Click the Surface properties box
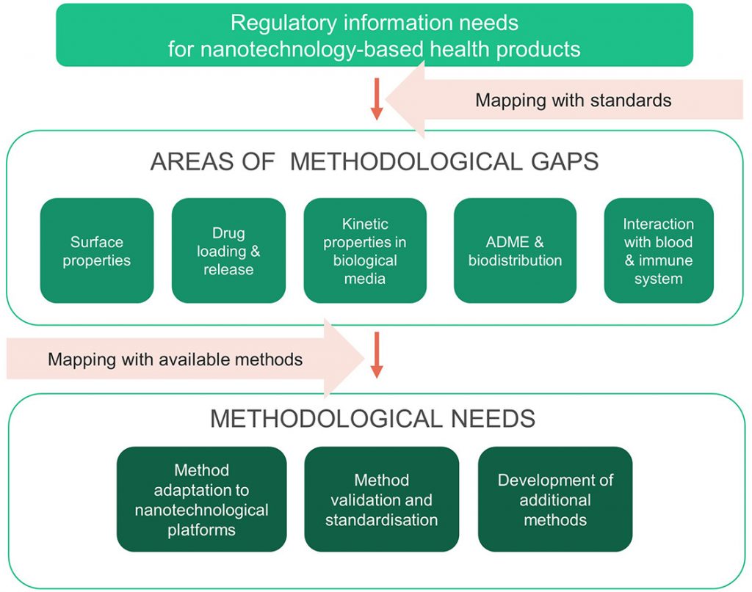click(97, 250)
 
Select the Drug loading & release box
click(228, 250)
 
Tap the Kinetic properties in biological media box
click(365, 250)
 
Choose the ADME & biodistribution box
click(515, 250)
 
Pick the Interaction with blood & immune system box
click(658, 250)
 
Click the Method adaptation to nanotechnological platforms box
click(201, 499)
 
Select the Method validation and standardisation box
click(381, 499)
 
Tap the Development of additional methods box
click(554, 499)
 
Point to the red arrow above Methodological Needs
click(377, 354)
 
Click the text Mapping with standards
click(573, 100)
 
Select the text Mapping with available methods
click(175, 359)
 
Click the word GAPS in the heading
click(563, 161)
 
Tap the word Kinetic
click(365, 224)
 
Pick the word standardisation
click(381, 519)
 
